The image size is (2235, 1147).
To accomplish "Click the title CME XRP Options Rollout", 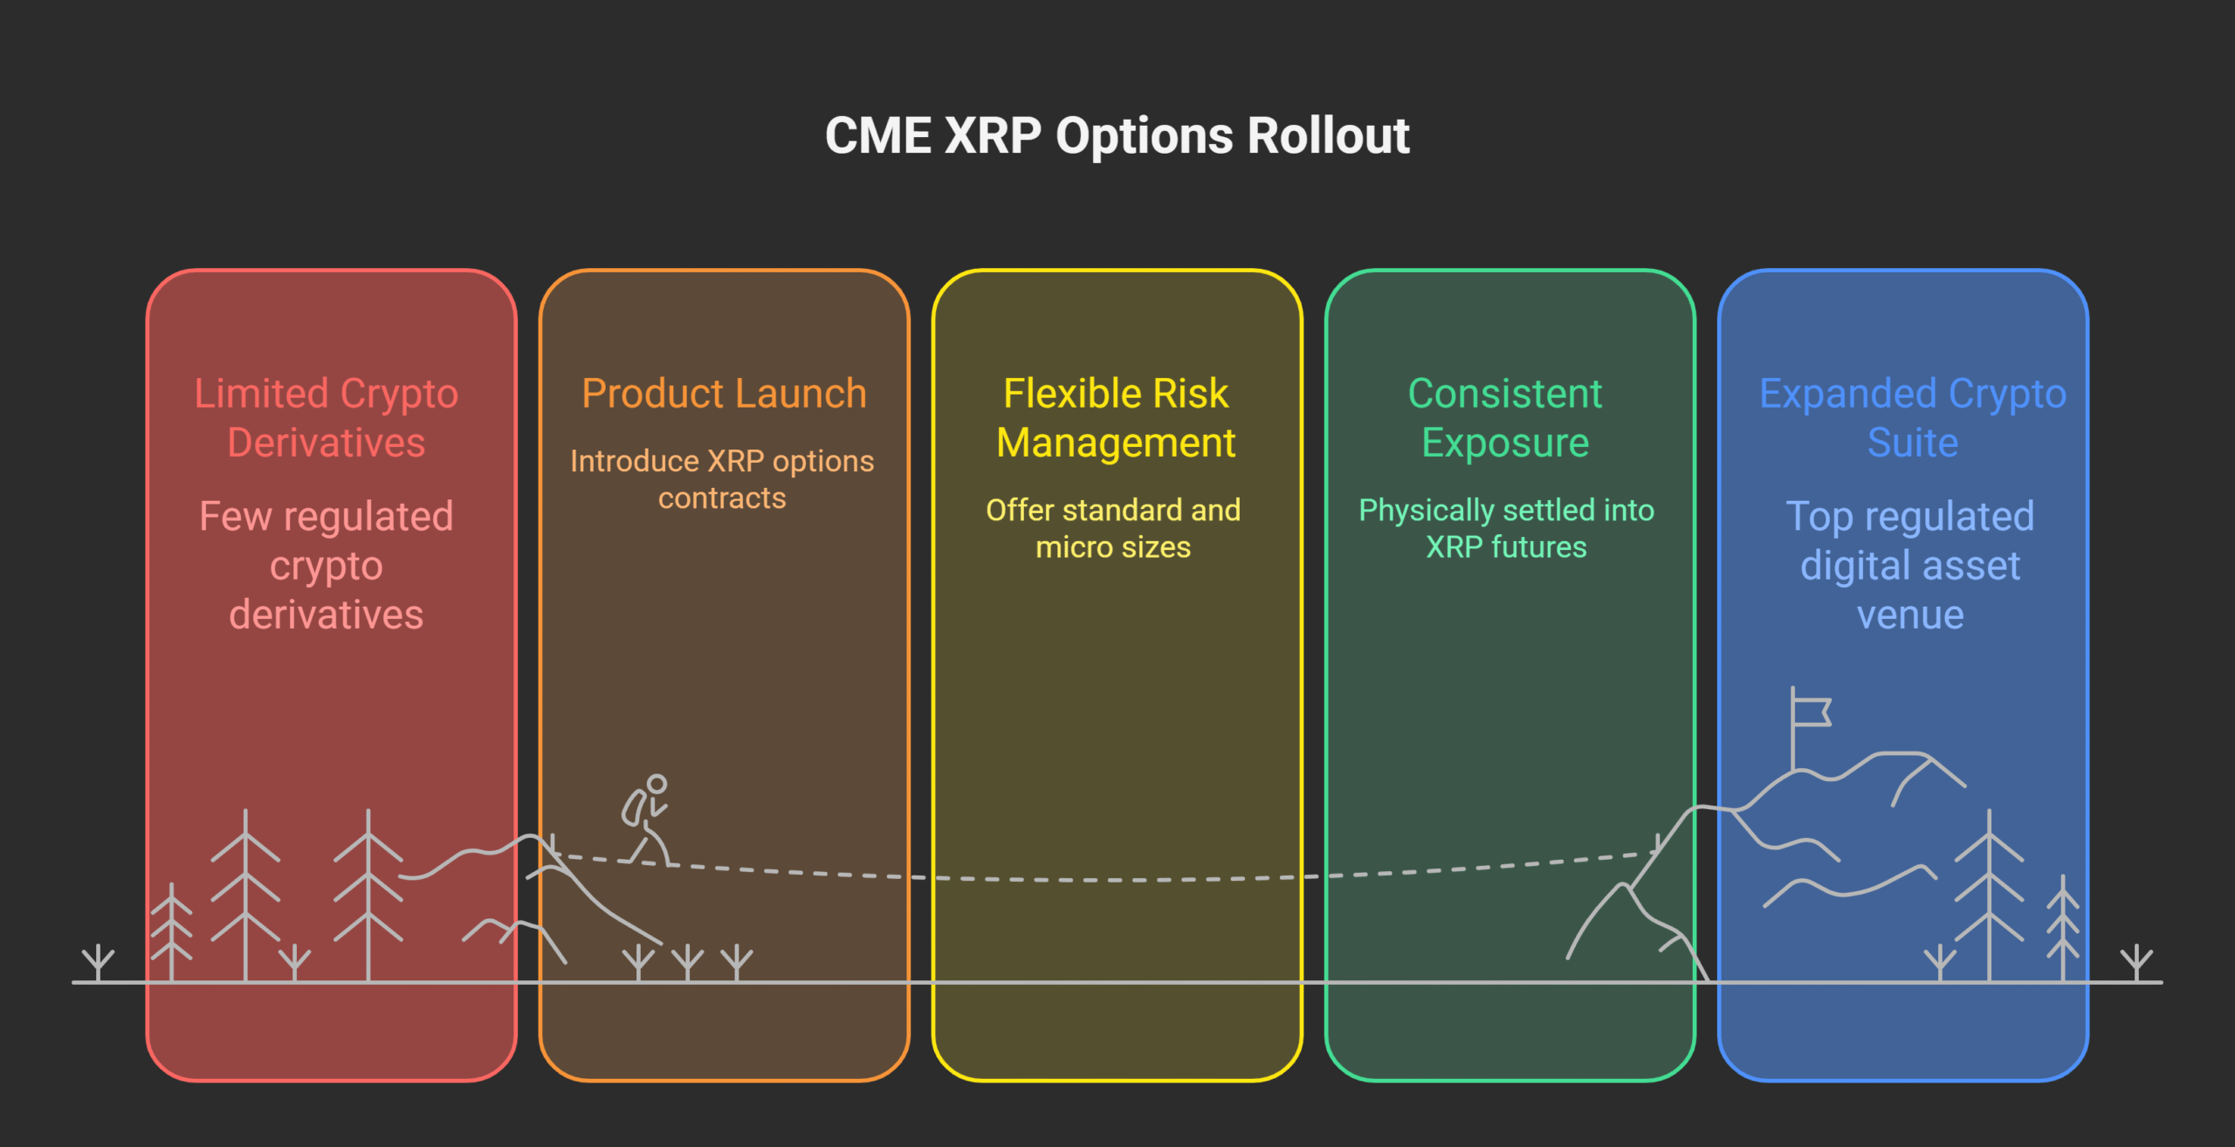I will (x=1117, y=136).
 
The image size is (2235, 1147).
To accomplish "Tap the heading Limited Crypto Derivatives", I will (x=326, y=418).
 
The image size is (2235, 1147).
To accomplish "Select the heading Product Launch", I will (x=724, y=394).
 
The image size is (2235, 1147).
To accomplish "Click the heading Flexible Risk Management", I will (x=1116, y=418).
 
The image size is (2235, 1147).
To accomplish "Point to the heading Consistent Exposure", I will (x=1505, y=418).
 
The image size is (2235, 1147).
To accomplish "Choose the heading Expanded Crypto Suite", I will (x=1912, y=418).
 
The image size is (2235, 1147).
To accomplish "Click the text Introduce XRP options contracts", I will (x=722, y=479).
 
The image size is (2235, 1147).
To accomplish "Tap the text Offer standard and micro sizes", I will (x=1113, y=528).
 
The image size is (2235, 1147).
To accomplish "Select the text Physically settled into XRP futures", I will (x=1506, y=528).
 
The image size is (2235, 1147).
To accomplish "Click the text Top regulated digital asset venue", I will (x=1910, y=566).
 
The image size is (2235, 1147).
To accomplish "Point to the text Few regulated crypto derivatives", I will (x=326, y=566).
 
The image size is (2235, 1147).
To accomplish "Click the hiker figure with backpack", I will (x=647, y=821).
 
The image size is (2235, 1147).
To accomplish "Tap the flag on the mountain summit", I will (x=1811, y=711).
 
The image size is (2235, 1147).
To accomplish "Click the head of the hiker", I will (x=657, y=783).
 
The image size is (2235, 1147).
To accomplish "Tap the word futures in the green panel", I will (x=1539, y=547).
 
